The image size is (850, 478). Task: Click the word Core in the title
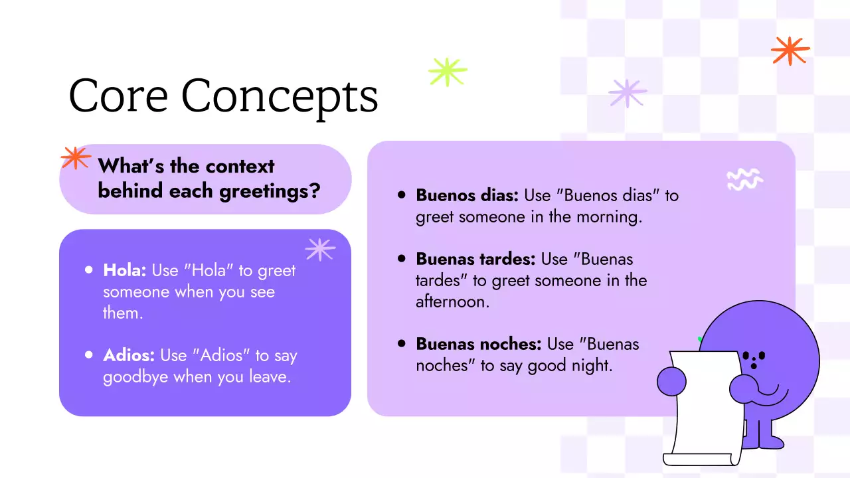[118, 96]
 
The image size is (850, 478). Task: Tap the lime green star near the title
[448, 72]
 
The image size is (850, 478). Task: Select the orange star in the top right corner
[790, 50]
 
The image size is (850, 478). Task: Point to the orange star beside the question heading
[76, 158]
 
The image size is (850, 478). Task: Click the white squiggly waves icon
[744, 179]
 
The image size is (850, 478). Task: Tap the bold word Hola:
[125, 271]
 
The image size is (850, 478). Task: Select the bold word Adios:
[129, 356]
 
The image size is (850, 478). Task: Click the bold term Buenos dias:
[467, 196]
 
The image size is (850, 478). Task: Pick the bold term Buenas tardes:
[475, 259]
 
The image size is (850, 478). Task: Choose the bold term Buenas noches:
[478, 344]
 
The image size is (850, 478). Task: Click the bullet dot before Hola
[89, 270]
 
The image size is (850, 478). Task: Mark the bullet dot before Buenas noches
[401, 343]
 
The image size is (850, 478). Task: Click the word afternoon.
[452, 302]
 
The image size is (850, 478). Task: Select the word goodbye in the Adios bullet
[135, 378]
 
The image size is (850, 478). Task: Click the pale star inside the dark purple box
[320, 249]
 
